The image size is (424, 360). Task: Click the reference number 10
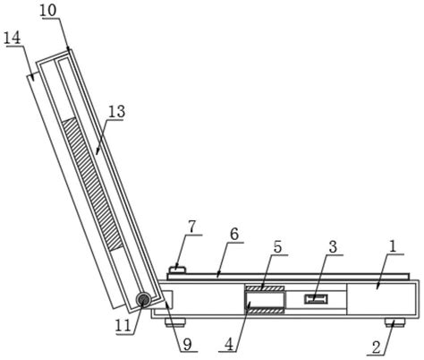pos(47,11)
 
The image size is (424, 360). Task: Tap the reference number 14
pos(13,39)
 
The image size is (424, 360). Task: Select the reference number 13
pos(116,112)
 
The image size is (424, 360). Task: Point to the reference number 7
pos(192,227)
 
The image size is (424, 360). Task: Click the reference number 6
pos(234,234)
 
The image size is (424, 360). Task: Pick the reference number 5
pos(277,247)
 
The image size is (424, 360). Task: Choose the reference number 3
pos(333,247)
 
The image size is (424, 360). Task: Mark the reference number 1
pos(393,247)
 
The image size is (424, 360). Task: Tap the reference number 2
pos(377,347)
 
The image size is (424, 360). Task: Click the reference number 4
pos(229,345)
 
